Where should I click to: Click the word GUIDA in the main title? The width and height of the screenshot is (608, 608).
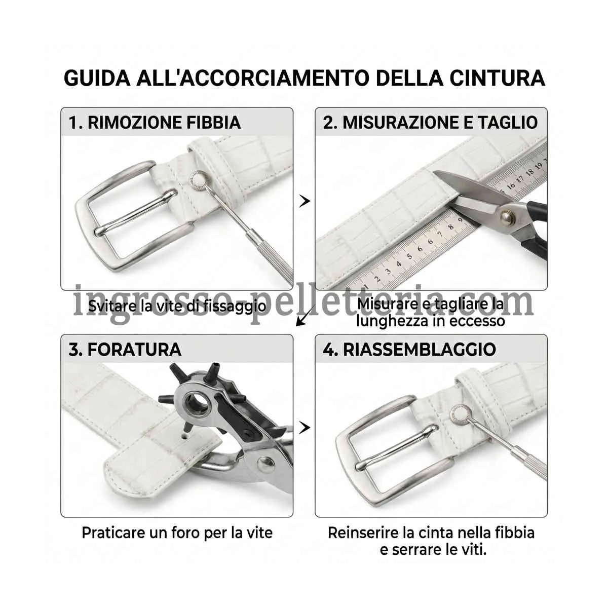[x=97, y=78]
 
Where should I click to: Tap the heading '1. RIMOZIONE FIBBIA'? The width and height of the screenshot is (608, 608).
[x=155, y=123]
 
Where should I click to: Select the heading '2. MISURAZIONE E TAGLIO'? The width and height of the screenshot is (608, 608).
[x=430, y=123]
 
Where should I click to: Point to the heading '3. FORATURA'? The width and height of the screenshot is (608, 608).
[x=125, y=349]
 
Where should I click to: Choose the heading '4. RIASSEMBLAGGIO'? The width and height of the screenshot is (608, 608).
[x=409, y=349]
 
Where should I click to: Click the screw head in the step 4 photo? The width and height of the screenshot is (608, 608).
[x=459, y=413]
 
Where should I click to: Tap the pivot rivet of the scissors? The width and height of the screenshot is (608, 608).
[x=507, y=216]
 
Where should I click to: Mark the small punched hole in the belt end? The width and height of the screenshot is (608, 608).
[x=184, y=437]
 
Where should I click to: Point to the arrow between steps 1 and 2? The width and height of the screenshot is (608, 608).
[x=305, y=201]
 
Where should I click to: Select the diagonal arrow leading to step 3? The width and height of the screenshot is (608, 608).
[x=306, y=316]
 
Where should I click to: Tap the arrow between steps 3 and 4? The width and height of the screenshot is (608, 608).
[x=305, y=428]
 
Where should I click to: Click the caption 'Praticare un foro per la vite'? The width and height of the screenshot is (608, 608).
[x=177, y=533]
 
